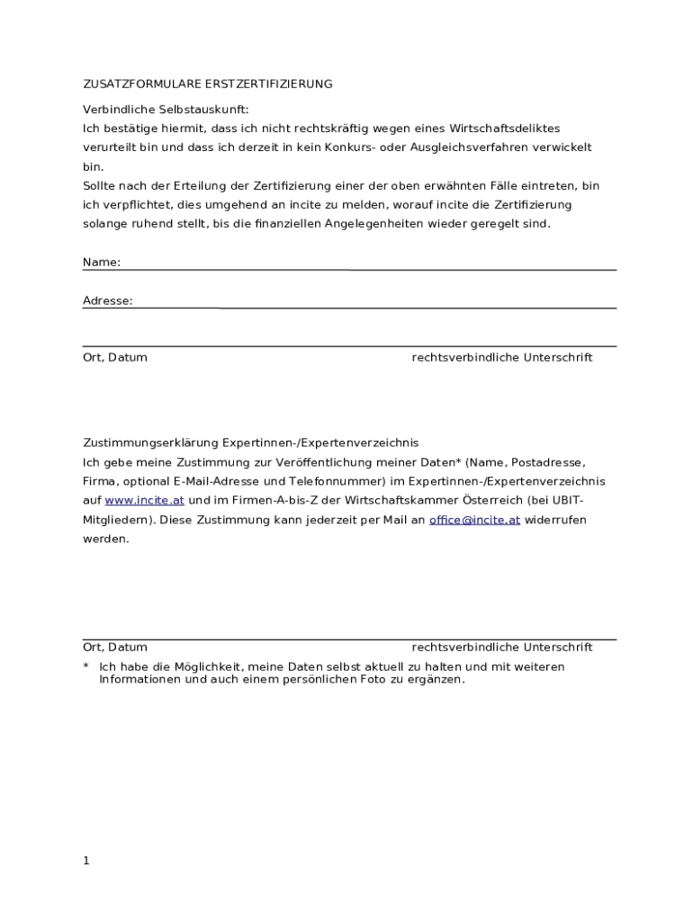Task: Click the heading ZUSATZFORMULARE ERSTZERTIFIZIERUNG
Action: click(207, 84)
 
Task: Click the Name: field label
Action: click(102, 263)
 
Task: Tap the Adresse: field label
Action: click(108, 301)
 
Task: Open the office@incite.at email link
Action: click(474, 520)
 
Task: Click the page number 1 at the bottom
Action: click(86, 861)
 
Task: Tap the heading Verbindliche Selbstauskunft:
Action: click(166, 109)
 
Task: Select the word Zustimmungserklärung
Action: click(151, 443)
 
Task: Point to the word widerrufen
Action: click(554, 520)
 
